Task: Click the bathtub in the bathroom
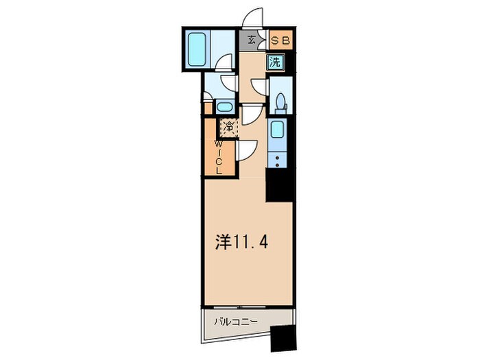[x=197, y=48]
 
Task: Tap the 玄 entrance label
[x=251, y=40]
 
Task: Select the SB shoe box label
[x=281, y=40]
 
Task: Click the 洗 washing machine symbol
[x=275, y=61]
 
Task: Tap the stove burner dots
[x=277, y=160]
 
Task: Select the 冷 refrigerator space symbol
[x=227, y=128]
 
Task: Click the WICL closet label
[x=218, y=158]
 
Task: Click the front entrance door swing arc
[x=254, y=17]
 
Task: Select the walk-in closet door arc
[x=247, y=149]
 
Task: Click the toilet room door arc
[x=259, y=88]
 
